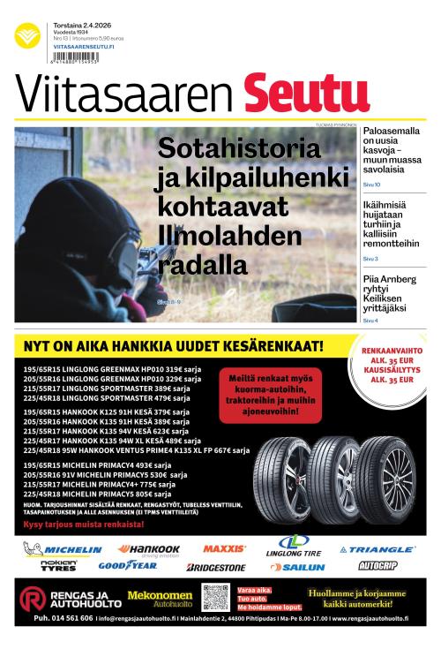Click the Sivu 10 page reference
tap(371, 185)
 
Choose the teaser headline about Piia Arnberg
tap(389, 292)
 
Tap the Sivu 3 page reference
tap(370, 259)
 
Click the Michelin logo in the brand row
tap(64, 549)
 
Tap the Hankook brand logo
tap(149, 548)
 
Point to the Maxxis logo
tap(224, 548)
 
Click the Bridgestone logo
tap(216, 567)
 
